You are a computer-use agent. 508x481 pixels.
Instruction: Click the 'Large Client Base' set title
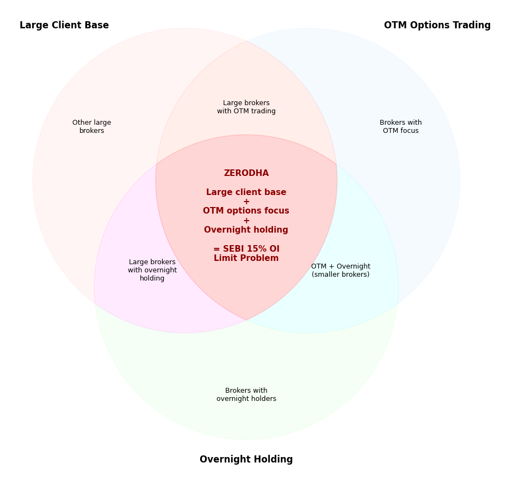64,26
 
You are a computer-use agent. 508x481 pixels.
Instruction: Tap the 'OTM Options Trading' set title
437,26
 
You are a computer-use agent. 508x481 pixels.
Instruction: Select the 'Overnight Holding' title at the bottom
246,460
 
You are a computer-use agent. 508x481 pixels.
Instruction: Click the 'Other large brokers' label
91,127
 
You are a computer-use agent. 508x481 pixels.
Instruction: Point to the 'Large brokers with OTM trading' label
246,107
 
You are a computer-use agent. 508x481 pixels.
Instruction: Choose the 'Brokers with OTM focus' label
401,127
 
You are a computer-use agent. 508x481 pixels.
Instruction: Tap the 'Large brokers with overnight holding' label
152,270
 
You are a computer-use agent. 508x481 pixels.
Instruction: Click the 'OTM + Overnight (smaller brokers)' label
340,271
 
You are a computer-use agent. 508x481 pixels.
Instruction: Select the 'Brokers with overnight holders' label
246,395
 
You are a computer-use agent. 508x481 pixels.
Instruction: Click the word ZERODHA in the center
246,173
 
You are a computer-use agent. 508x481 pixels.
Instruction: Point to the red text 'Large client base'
246,192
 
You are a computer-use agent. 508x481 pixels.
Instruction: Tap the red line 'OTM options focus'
246,211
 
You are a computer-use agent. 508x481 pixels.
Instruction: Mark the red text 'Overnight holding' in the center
246,230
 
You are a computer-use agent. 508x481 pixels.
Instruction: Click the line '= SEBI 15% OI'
246,249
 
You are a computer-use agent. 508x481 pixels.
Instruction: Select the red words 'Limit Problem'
246,258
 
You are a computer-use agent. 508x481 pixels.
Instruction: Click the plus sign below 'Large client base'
246,202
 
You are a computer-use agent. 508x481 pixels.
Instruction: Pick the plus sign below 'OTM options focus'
246,221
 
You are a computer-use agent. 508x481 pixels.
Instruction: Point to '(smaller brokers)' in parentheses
340,275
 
